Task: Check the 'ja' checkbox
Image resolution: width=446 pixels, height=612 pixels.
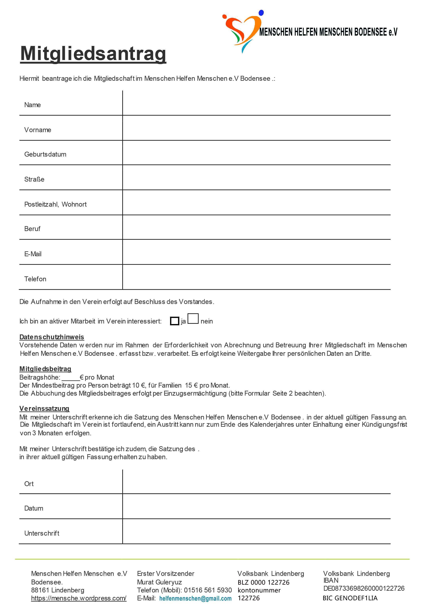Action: [x=175, y=321]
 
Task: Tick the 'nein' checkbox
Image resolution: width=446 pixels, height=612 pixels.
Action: [x=193, y=318]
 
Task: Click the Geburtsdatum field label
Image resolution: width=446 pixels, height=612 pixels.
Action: [x=45, y=154]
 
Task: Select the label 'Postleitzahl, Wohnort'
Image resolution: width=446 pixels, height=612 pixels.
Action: [x=55, y=204]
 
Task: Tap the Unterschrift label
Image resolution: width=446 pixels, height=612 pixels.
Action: [x=42, y=533]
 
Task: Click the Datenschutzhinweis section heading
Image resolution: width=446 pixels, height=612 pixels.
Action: [x=52, y=337]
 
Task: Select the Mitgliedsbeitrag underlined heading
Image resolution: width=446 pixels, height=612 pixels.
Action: [x=45, y=369]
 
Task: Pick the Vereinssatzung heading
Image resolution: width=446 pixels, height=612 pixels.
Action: [x=44, y=409]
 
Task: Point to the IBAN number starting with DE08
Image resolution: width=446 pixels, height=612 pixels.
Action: [x=364, y=588]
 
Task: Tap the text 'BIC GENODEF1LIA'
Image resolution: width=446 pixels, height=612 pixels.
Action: [x=350, y=598]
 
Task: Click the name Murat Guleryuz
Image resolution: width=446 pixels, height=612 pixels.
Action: [x=160, y=582]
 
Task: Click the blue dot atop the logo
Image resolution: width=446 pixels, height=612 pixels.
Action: [x=261, y=13]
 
